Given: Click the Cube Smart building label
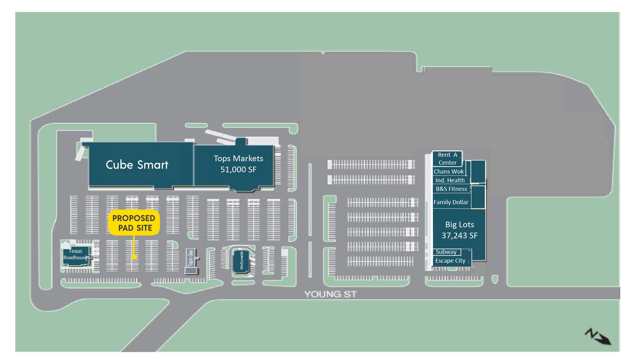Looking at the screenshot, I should coord(137,165).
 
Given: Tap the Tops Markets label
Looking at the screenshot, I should coord(238,158).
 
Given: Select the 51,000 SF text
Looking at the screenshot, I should coord(238,169).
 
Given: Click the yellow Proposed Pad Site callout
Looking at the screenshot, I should coord(134,223).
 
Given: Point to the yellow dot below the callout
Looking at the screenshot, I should coord(134,257).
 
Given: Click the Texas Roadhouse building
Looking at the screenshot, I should coord(76,254).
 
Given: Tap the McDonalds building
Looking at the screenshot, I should coord(241,260).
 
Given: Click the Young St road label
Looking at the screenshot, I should coord(330,294).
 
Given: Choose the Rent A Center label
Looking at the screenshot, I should coord(447,159).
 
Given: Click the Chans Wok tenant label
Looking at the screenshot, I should coord(448,171).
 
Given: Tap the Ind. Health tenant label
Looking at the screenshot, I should coord(450,180).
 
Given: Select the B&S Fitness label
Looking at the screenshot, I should coord(451,189).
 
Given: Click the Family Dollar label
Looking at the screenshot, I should coord(451,202).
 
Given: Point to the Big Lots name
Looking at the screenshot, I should coord(459,224).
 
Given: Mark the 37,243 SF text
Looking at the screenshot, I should coord(459,235).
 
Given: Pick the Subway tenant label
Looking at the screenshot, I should coord(446,252).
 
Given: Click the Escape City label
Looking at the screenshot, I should coord(450,260).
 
